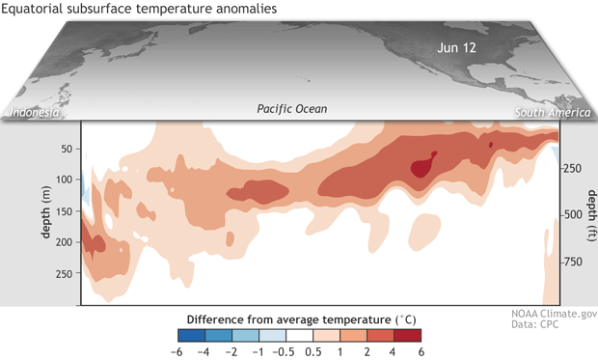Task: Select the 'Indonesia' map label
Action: pyautogui.click(x=37, y=112)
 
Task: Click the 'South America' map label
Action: pyautogui.click(x=553, y=112)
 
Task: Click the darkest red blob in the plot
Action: pyautogui.click(x=422, y=167)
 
